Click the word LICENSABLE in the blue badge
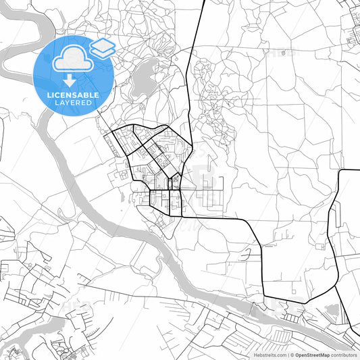coord(72,95)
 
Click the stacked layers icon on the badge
coord(103,47)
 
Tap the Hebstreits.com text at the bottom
coord(269,355)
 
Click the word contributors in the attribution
coord(344,355)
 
